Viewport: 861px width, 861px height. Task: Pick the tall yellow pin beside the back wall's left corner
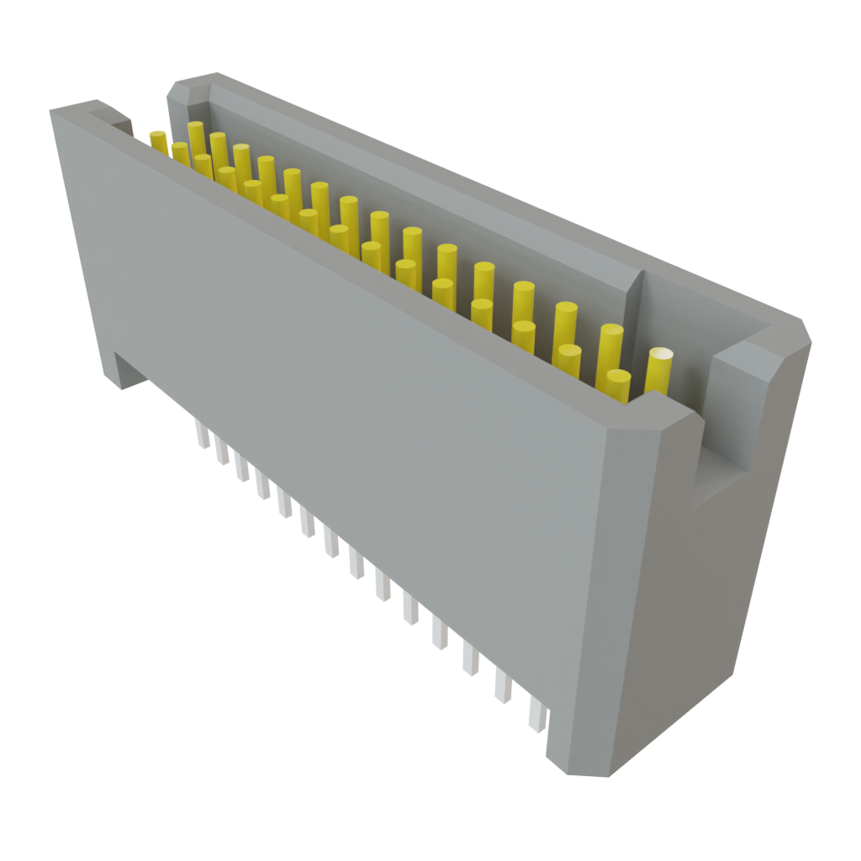(x=196, y=135)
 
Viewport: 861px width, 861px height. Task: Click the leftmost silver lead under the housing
(x=202, y=433)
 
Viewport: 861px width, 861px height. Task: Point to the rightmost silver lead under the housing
(x=536, y=715)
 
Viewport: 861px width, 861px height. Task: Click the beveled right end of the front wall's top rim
(x=664, y=412)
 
